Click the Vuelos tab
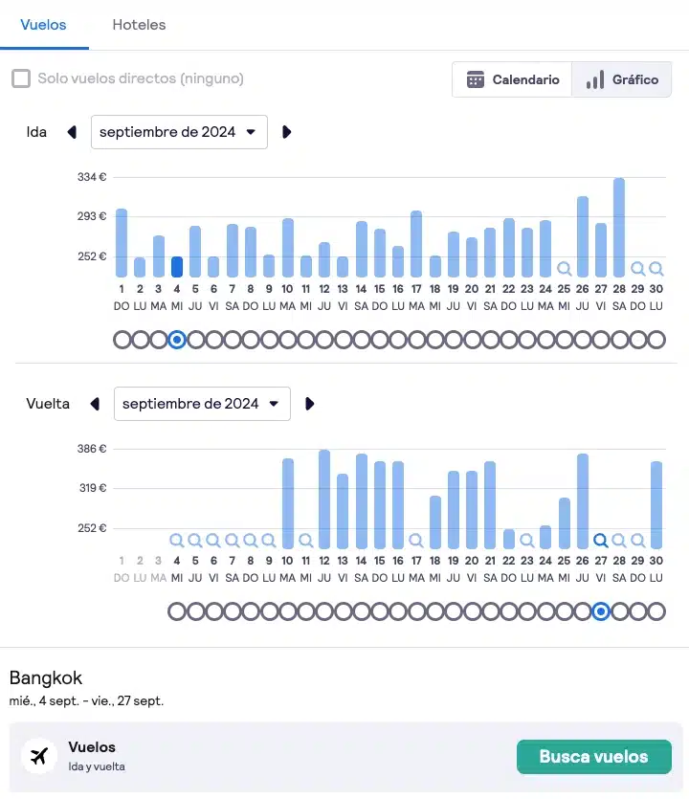pos(44,25)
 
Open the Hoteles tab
pos(139,25)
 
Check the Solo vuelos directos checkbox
pos(21,78)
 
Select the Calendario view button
pos(513,79)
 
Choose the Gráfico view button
pos(623,79)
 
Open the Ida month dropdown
pos(179,132)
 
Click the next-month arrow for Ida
pos(286,132)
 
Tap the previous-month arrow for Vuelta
pos(95,404)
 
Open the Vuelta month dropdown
pos(202,404)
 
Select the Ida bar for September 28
pos(619,228)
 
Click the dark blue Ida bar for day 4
pos(176,267)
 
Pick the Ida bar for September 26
pos(582,236)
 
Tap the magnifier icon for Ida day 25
pos(564,269)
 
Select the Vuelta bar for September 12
pos(324,499)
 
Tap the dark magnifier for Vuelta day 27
pos(601,540)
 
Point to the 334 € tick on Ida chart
pos(92,177)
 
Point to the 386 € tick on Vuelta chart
pos(92,449)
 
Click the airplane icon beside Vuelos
pos(39,756)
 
